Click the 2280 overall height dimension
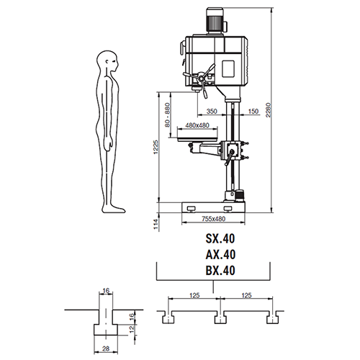point(269,110)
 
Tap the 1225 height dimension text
point(156,147)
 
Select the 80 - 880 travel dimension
point(168,115)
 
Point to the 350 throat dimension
point(212,111)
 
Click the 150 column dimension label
point(253,111)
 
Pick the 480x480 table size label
point(197,125)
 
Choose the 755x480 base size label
point(213,219)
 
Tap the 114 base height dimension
point(156,224)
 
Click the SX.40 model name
point(220,238)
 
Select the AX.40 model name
point(220,254)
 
